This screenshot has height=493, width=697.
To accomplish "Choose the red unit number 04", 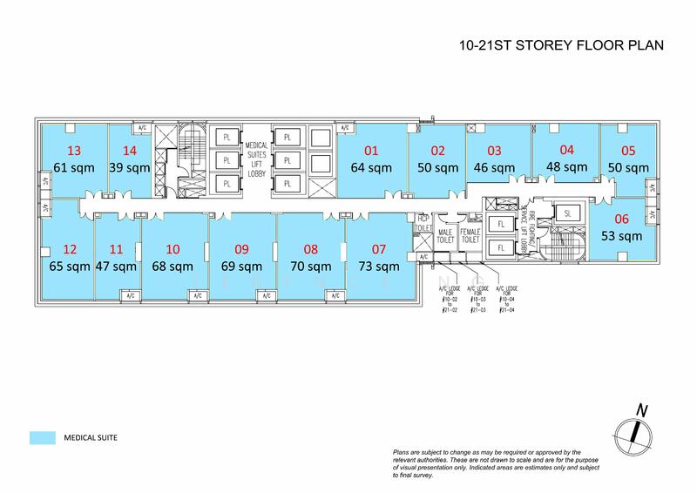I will click(x=567, y=149).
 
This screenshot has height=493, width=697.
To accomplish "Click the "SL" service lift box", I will click(x=567, y=213).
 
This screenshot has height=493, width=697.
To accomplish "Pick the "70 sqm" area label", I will click(x=311, y=267).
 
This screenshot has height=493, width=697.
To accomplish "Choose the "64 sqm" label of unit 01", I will click(x=371, y=167).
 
